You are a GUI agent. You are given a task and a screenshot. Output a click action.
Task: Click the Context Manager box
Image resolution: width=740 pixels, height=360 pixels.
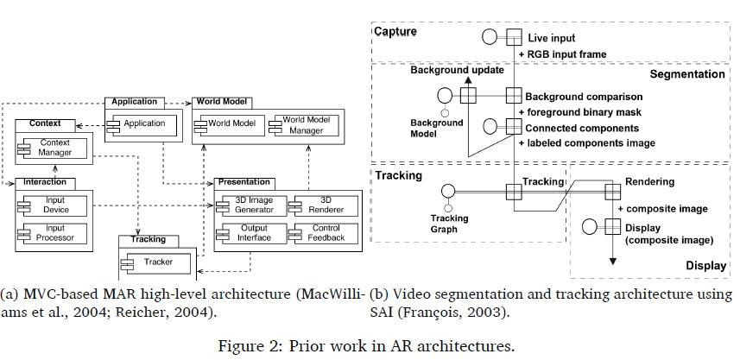(x=57, y=148)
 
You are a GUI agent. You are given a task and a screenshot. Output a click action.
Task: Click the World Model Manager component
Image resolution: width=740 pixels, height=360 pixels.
(x=302, y=124)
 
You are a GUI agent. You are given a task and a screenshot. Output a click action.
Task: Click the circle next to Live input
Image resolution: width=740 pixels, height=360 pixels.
(x=490, y=38)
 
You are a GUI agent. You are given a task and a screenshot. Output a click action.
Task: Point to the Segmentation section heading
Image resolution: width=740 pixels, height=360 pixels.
(x=687, y=75)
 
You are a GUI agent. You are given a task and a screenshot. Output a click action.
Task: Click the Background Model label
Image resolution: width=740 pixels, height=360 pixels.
(x=437, y=129)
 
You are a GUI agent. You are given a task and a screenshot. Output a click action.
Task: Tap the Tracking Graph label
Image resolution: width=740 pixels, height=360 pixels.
(x=449, y=224)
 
